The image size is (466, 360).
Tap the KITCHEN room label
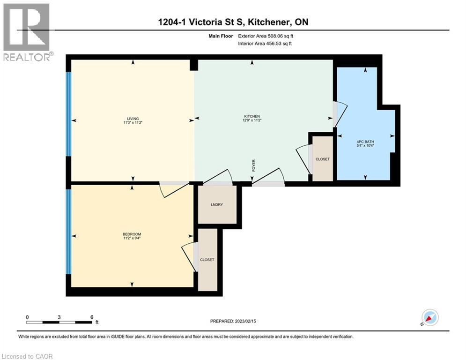pyautogui.click(x=251, y=116)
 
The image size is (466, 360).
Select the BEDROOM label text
pyautogui.click(x=132, y=234)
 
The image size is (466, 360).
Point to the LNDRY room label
pyautogui.click(x=217, y=204)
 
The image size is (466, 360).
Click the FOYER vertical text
pyautogui.click(x=253, y=165)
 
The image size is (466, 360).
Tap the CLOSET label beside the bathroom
pyautogui.click(x=322, y=159)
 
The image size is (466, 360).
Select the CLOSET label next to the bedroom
pyautogui.click(x=207, y=259)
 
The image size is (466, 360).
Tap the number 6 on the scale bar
pyautogui.click(x=91, y=316)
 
